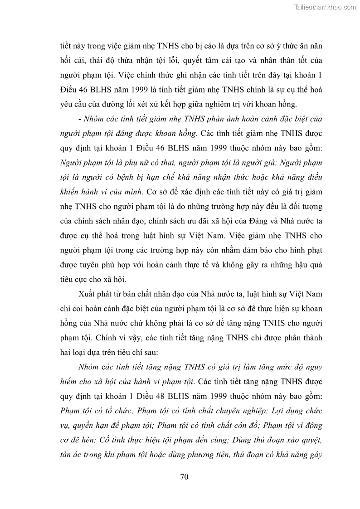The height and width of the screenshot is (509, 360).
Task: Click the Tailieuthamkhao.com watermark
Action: click(325, 7)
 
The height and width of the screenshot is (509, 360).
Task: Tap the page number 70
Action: click(184, 476)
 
